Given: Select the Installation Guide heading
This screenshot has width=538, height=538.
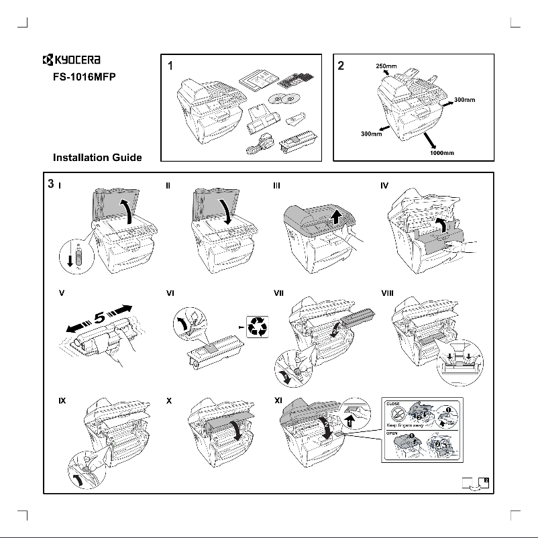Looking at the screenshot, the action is (x=97, y=158).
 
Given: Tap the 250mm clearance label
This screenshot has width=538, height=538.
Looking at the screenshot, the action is (x=385, y=66).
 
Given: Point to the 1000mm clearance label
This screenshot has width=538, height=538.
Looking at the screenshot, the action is (x=442, y=153).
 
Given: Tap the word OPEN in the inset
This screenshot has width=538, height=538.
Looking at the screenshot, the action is (x=394, y=434).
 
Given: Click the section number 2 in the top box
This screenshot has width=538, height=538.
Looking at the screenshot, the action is (x=341, y=66).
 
